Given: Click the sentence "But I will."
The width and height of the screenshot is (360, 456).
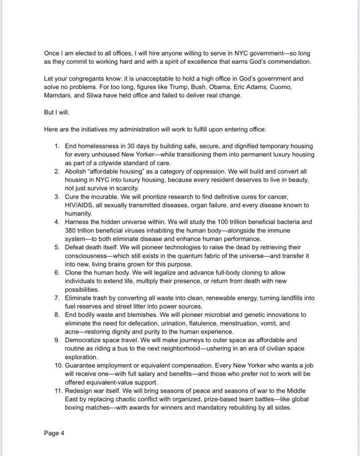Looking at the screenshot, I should (x=57, y=112).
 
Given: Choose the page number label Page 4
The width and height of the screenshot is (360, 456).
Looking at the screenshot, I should (x=54, y=433).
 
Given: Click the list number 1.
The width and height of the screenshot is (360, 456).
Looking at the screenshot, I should (x=57, y=146).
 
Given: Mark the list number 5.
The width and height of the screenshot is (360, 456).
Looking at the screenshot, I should (x=57, y=247).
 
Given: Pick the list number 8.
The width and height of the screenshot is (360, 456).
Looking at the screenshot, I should (x=57, y=315).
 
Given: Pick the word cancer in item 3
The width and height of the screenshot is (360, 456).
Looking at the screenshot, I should (x=295, y=197).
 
